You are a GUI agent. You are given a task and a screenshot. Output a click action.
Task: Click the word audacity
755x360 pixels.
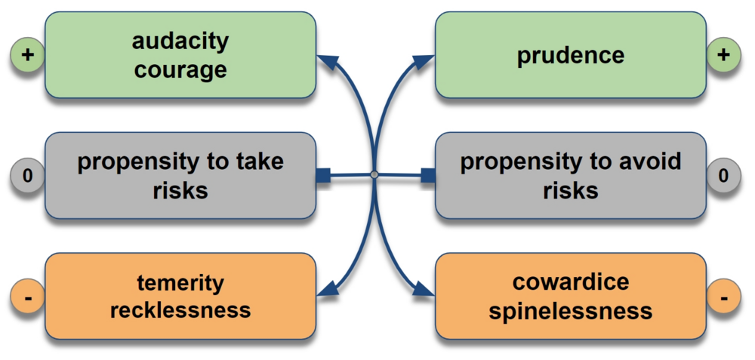click(180, 41)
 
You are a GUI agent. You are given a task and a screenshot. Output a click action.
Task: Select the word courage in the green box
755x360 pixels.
click(180, 69)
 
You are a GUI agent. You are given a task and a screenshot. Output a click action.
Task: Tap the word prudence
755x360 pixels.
click(571, 55)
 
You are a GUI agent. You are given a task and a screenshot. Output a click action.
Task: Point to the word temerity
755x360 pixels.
click(180, 283)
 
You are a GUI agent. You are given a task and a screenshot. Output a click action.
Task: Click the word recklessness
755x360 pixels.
click(180, 309)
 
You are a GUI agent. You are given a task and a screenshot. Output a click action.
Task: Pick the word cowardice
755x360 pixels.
click(571, 283)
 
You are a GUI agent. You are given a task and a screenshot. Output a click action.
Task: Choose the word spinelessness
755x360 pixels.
click(571, 310)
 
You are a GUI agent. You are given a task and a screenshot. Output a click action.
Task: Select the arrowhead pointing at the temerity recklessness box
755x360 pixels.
click(325, 290)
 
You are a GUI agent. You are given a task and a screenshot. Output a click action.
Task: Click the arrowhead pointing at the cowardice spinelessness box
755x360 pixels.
click(425, 290)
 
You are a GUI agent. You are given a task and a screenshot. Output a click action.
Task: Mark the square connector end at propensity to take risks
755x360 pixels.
click(323, 176)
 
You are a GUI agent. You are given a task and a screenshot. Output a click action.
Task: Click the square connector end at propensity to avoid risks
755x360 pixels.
click(428, 176)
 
